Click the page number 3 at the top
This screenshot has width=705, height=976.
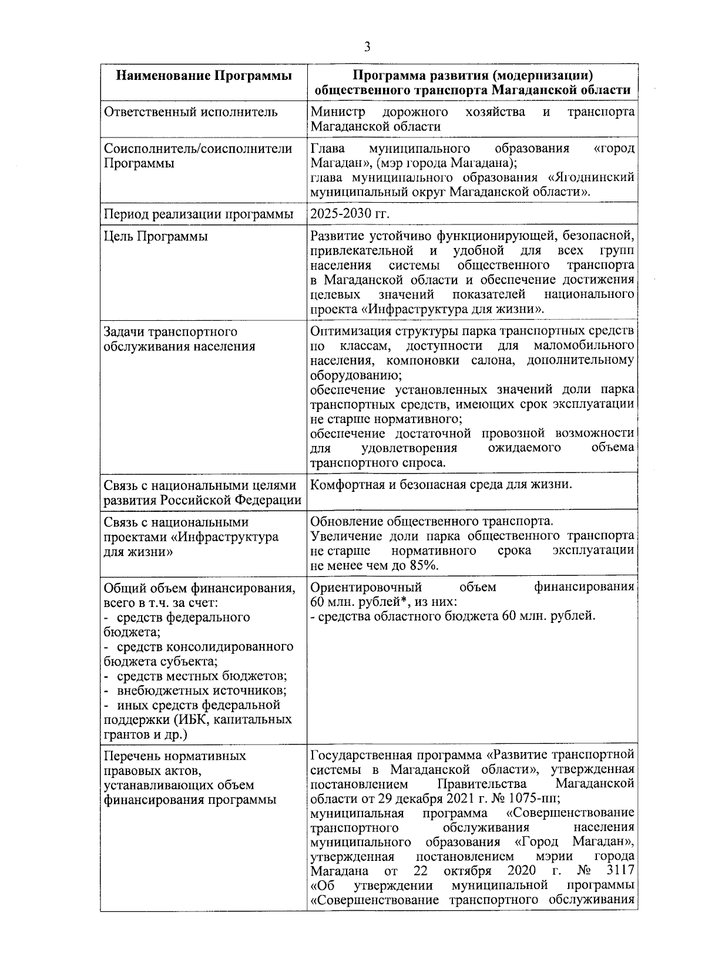(x=367, y=46)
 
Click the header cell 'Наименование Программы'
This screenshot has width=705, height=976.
(x=203, y=76)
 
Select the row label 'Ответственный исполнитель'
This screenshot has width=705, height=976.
(x=190, y=112)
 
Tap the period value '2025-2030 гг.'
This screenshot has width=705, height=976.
(x=350, y=213)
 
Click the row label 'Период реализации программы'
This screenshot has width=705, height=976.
(x=199, y=214)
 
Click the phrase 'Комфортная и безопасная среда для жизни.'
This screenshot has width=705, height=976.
(x=441, y=485)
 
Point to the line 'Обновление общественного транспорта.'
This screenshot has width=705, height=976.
(x=432, y=521)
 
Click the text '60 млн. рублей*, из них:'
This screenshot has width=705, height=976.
(x=384, y=602)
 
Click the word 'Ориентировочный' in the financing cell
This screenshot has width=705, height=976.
(x=366, y=587)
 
